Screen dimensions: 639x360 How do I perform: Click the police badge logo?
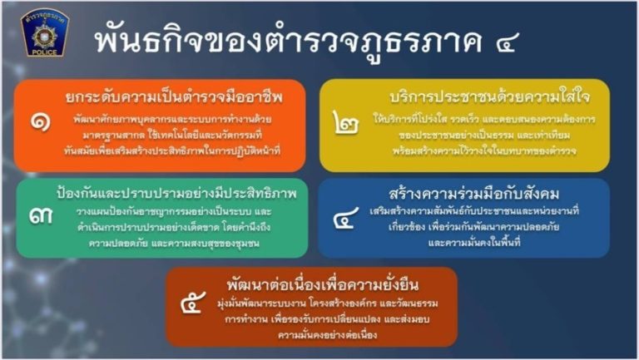45,32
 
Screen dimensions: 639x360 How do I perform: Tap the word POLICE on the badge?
45,52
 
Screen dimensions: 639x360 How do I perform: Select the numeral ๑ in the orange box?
40,122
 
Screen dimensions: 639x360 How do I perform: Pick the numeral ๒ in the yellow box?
346,122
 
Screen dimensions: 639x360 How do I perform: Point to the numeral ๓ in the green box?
41,216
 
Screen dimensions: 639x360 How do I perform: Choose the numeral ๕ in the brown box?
193,303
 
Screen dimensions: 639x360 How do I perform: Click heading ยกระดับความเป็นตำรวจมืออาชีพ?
174,97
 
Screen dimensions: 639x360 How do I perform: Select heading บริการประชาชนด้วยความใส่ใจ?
489,97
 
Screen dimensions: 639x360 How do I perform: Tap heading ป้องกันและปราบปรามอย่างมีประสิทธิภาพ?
177,193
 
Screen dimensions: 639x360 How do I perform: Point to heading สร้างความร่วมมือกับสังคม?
474,194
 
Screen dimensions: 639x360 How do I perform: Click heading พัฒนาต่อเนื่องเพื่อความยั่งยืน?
323,284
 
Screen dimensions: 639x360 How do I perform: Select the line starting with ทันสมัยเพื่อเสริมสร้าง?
172,151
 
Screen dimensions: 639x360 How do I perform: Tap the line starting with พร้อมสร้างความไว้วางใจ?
484,151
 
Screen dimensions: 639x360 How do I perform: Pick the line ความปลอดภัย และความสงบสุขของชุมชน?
174,244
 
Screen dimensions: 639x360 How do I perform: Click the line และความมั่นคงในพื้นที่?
474,243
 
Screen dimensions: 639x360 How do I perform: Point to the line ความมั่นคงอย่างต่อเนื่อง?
328,336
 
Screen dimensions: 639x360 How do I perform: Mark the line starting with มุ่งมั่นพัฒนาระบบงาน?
328,303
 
